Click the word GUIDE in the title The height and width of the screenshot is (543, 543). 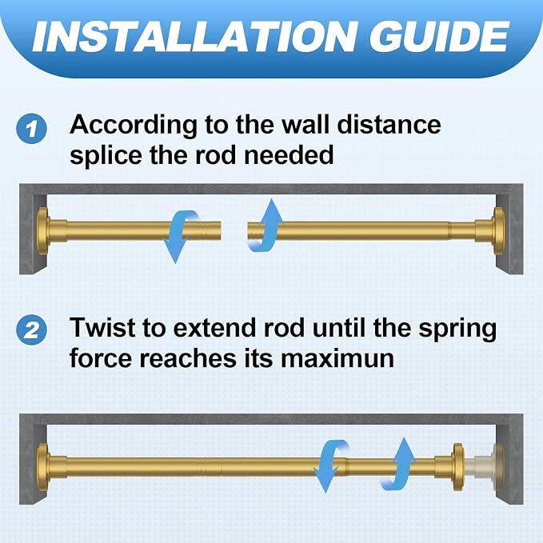click(x=439, y=36)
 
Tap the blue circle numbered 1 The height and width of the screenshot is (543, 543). click(x=31, y=129)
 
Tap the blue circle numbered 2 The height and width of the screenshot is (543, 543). click(x=31, y=329)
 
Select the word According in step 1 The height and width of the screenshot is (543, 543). click(x=134, y=126)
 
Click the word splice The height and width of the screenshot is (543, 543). click(x=106, y=156)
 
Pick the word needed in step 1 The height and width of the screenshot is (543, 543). click(x=289, y=155)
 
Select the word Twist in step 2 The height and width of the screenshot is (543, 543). click(x=102, y=327)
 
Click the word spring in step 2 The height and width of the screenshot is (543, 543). click(x=457, y=329)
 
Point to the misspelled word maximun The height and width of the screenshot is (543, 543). click(x=337, y=358)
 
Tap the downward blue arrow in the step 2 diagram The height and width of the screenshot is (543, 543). click(x=332, y=466)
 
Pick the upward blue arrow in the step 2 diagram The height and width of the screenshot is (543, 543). click(x=398, y=463)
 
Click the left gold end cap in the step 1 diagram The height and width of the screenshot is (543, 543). click(x=43, y=231)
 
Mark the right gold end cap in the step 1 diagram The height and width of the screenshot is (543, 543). click(x=499, y=231)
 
